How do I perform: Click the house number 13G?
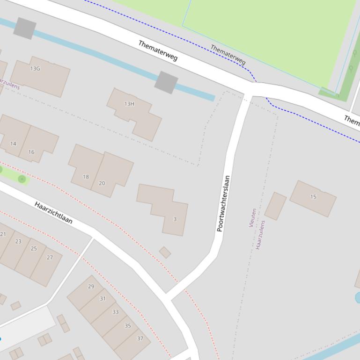point(35,69)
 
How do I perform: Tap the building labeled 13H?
point(130,104)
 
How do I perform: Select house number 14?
point(13,144)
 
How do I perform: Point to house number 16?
point(31,152)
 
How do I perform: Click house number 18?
point(86,177)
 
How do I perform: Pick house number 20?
point(102,183)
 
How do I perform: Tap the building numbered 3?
point(175,219)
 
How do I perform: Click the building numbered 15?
point(313,197)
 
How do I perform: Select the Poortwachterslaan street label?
point(223,203)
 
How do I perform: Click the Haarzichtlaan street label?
point(54,213)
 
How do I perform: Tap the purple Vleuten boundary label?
point(253,218)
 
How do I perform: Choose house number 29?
point(91,287)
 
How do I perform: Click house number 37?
point(140,338)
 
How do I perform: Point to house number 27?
point(50,257)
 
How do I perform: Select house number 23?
point(18,242)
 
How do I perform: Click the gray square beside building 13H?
point(166,82)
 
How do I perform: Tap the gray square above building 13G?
point(25,28)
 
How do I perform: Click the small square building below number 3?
point(165,252)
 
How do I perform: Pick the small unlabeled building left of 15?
point(275,206)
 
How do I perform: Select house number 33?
point(115,312)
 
